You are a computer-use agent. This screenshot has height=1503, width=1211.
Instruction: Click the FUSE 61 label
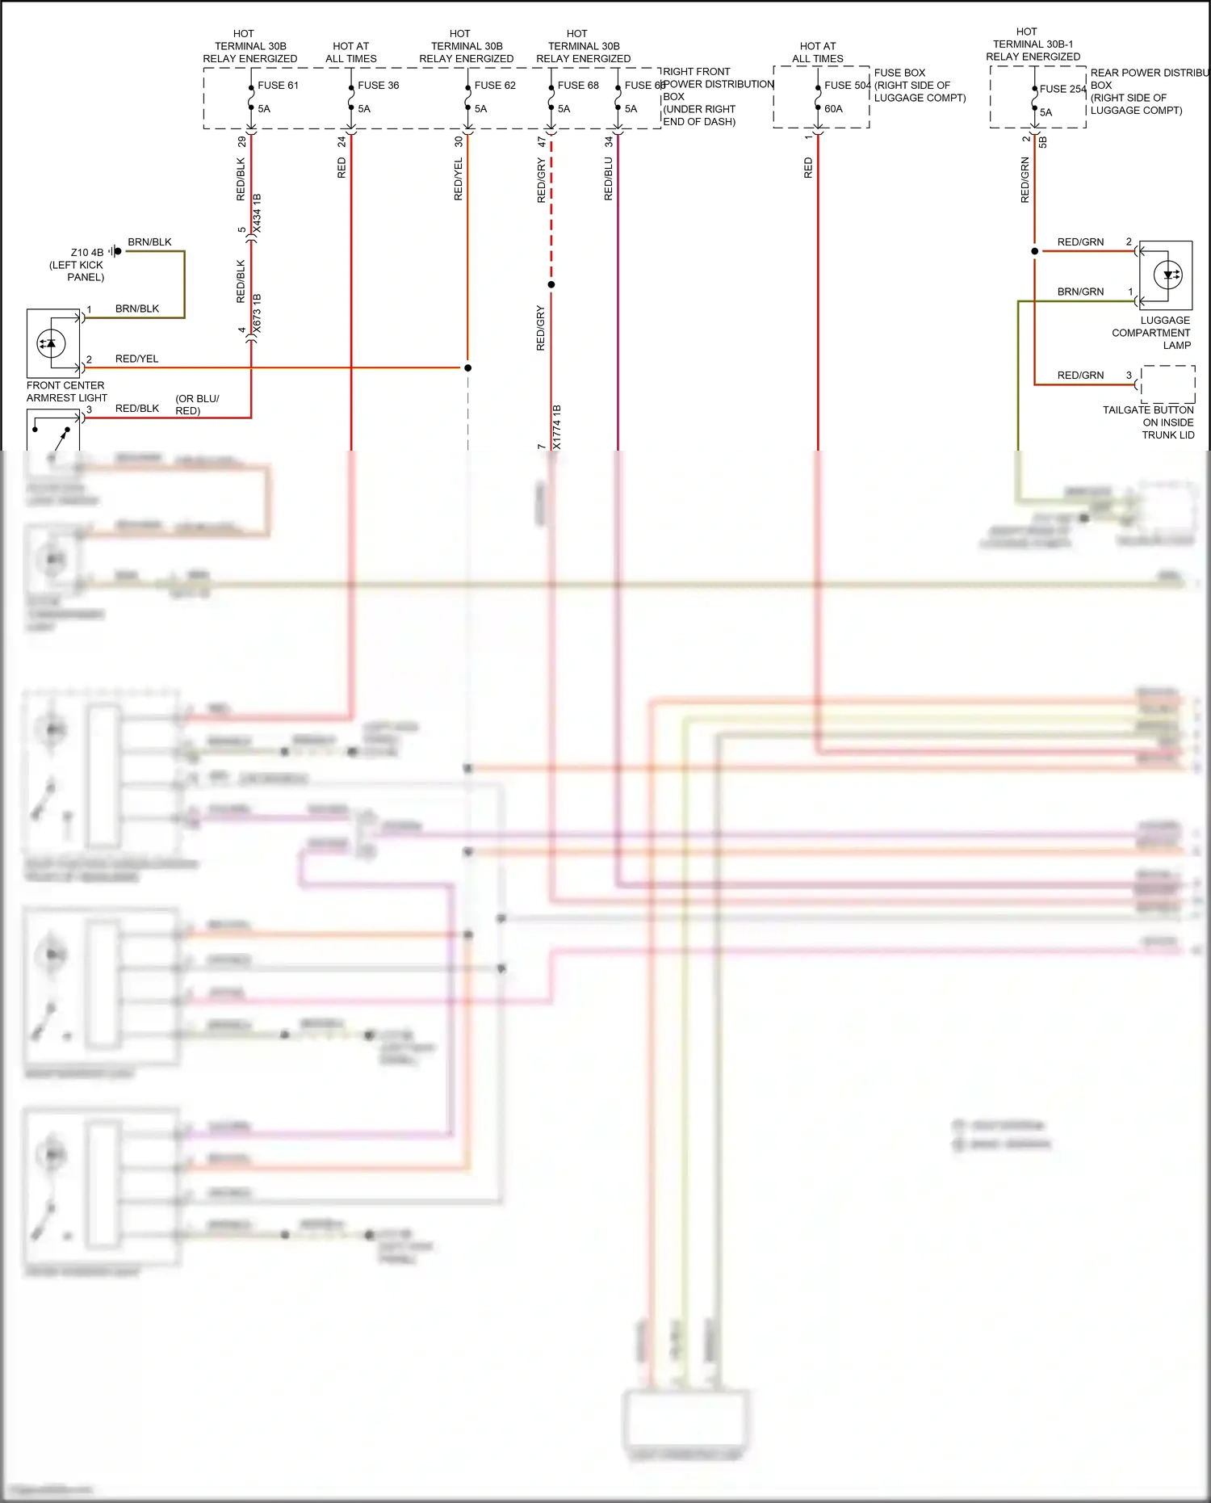point(277,86)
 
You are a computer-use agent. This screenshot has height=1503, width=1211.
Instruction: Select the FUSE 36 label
point(378,86)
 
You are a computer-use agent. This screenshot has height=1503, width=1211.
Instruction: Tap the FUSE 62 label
point(494,86)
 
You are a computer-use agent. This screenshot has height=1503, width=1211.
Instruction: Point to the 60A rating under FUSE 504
point(833,109)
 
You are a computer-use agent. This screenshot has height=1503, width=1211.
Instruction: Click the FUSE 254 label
point(1062,90)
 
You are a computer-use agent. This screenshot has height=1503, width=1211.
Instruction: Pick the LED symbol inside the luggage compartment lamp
point(1168,275)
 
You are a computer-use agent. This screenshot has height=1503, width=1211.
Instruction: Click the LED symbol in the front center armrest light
point(51,343)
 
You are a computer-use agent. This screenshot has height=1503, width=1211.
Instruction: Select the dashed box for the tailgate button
point(1167,384)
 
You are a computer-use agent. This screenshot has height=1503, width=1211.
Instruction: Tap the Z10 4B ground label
point(87,253)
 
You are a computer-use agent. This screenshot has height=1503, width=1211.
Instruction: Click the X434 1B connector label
point(258,214)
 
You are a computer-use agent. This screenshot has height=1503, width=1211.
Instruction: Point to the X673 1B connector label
point(258,314)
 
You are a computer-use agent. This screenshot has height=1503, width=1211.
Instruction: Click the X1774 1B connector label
point(557,427)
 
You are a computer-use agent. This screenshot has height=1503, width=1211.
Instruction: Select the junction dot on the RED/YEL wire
point(467,368)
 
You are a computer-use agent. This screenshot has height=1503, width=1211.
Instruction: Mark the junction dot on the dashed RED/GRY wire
point(551,284)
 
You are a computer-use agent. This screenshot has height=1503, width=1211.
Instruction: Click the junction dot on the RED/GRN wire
point(1035,251)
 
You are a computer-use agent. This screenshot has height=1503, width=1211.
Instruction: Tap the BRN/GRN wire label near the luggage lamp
point(1080,292)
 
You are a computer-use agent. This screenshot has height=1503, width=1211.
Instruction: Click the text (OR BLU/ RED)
point(196,405)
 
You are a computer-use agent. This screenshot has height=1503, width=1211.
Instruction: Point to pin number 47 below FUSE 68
point(542,141)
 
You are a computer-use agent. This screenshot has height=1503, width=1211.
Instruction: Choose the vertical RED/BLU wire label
point(608,178)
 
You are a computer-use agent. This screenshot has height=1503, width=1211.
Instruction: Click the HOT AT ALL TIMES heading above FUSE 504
point(818,52)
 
